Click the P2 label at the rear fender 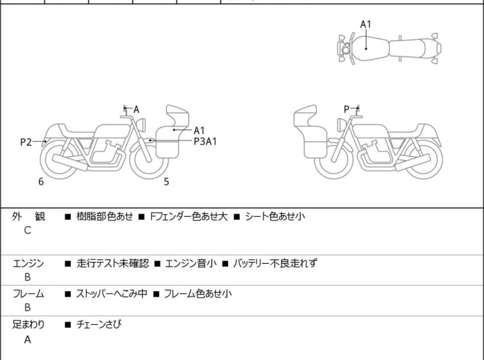pos(26,142)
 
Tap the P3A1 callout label pos(205,141)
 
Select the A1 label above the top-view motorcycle pos(365,24)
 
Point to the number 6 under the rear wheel pos(41,182)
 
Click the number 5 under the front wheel pos(167,182)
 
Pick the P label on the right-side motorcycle pos(347,109)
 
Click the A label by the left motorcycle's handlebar pos(136,110)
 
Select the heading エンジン pos(28,263)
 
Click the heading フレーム pos(28,294)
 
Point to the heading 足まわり pos(28,325)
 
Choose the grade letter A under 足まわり pos(28,340)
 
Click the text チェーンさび pos(99,325)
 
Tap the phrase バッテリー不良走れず pos(275,263)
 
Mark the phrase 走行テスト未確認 pos(112,263)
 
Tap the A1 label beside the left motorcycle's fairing pos(199,130)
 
